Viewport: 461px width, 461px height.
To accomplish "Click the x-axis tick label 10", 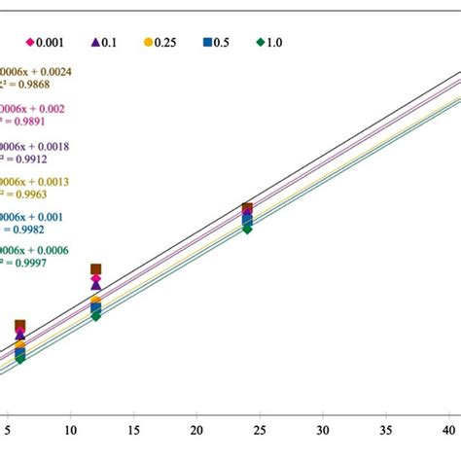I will [x=70, y=429].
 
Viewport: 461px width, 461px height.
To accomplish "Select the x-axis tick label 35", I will [x=386, y=429].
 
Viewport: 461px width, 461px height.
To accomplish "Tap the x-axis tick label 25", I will [x=260, y=429].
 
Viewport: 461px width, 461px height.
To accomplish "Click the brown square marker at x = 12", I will [x=95, y=269].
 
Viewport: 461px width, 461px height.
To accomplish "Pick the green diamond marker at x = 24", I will [x=247, y=229].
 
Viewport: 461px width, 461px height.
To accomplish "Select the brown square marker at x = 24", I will [x=247, y=208].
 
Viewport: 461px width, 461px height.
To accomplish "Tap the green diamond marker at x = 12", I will [x=95, y=316].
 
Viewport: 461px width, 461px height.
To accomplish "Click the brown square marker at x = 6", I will [x=19, y=326].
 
